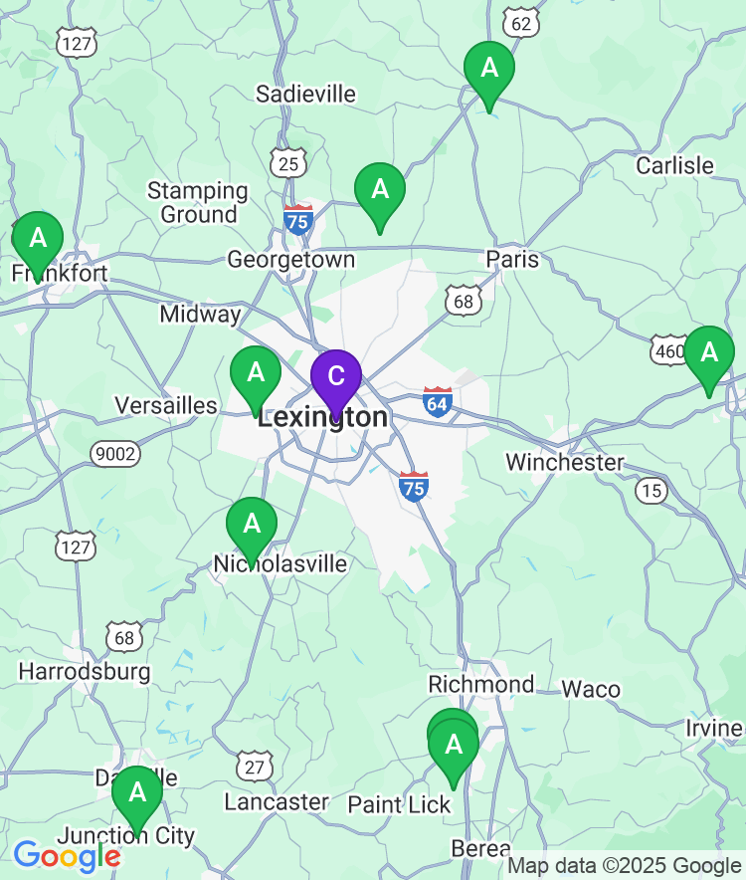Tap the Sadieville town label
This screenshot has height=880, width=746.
[305, 95]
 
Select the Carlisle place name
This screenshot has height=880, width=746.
[674, 165]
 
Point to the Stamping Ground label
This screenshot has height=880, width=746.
[198, 202]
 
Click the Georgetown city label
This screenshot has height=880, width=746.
[290, 260]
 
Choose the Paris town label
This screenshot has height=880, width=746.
[512, 260]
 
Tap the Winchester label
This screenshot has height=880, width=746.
[564, 462]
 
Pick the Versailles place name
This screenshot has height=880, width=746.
[165, 405]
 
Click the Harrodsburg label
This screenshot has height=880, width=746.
[85, 671]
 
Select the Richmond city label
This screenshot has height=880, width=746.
[480, 684]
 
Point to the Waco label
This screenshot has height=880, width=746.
[591, 689]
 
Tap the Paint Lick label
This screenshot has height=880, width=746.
[399, 804]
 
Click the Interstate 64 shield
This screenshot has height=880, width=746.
[437, 401]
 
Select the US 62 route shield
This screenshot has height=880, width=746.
[521, 21]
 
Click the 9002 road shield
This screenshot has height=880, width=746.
[115, 454]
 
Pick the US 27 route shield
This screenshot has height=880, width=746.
[255, 766]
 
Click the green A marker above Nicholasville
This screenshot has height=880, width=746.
[252, 524]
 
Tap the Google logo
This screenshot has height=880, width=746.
[67, 855]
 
